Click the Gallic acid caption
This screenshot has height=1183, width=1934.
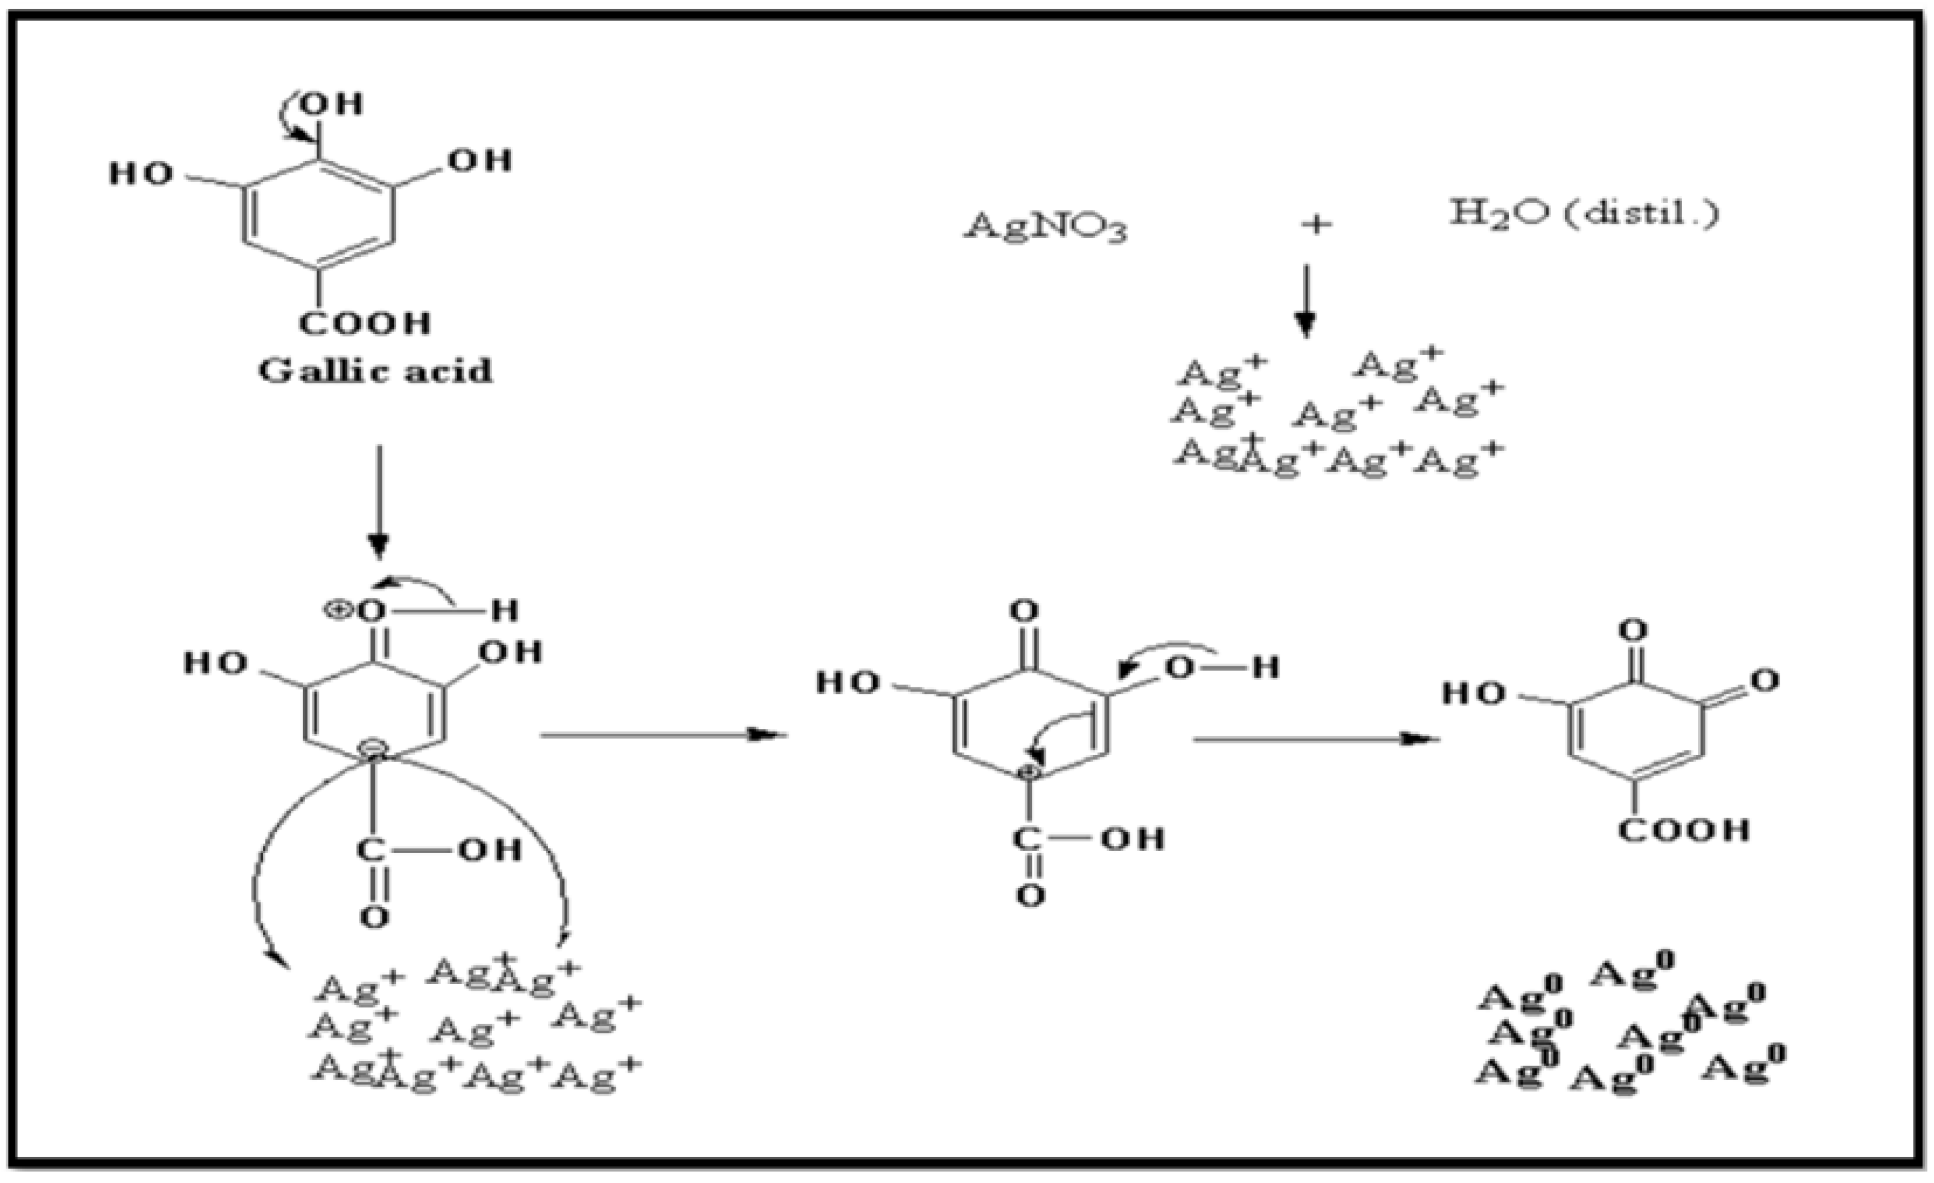click(375, 371)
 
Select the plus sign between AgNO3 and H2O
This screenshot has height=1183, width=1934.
click(1316, 226)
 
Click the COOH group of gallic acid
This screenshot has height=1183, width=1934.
click(365, 323)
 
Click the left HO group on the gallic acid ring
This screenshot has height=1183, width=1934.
click(141, 174)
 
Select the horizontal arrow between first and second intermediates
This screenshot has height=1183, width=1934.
click(663, 735)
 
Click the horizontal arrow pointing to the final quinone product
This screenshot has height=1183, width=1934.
click(1315, 739)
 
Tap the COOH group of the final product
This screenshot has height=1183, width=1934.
click(1684, 830)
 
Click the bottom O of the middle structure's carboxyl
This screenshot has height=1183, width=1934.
click(1030, 895)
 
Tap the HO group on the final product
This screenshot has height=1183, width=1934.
click(1474, 694)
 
